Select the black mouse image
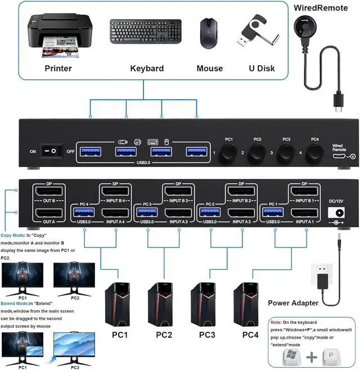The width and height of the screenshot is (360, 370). tap(209, 34)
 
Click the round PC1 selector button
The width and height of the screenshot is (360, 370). tap(228, 151)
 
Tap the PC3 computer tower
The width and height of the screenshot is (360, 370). tap(203, 304)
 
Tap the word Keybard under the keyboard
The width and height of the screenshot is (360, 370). tap(147, 69)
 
